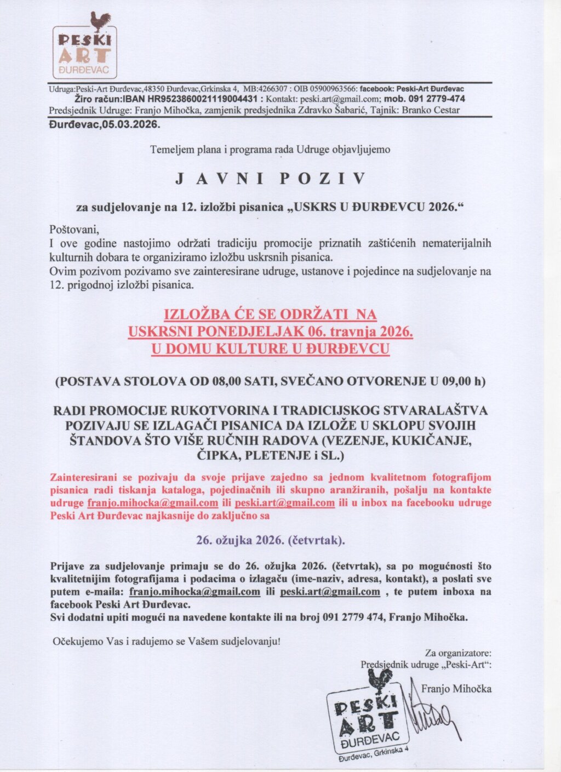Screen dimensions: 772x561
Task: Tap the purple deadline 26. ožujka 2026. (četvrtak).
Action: (x=271, y=540)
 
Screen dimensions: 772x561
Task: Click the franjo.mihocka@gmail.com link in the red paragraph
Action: (x=153, y=503)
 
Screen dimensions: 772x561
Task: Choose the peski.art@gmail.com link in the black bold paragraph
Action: (x=330, y=592)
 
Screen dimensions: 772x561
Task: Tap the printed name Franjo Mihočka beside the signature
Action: (x=456, y=689)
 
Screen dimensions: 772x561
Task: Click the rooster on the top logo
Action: (x=101, y=22)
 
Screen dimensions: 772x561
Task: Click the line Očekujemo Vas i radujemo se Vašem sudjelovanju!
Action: (x=166, y=641)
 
